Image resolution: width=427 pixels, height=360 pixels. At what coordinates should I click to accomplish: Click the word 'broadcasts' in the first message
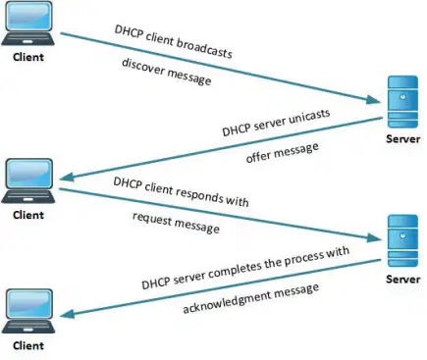pyautogui.click(x=205, y=48)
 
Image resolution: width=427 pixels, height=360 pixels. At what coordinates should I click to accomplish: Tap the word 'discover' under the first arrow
pyautogui.click(x=142, y=67)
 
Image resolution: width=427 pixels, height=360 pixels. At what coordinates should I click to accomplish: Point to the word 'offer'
pyautogui.click(x=258, y=156)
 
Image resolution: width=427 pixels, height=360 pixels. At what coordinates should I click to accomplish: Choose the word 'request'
pyautogui.click(x=152, y=218)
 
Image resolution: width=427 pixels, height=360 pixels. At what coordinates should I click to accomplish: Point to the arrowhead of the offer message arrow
pyautogui.click(x=68, y=177)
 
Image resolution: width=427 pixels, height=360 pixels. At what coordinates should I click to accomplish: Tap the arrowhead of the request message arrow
pyautogui.click(x=374, y=238)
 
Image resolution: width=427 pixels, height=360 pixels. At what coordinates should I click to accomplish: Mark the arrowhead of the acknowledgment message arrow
pyautogui.click(x=68, y=314)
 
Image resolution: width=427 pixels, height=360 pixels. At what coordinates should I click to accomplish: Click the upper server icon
pyautogui.click(x=402, y=102)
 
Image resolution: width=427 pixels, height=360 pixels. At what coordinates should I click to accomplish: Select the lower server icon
pyautogui.click(x=402, y=240)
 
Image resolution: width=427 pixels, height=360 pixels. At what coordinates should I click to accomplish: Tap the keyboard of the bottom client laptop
pyautogui.click(x=28, y=326)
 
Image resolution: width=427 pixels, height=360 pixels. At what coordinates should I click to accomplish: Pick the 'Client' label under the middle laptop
pyautogui.click(x=28, y=215)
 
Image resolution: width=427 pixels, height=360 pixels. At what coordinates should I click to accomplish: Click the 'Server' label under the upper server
pyautogui.click(x=402, y=138)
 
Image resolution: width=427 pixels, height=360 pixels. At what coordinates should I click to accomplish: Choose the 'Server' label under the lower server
pyautogui.click(x=402, y=279)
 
